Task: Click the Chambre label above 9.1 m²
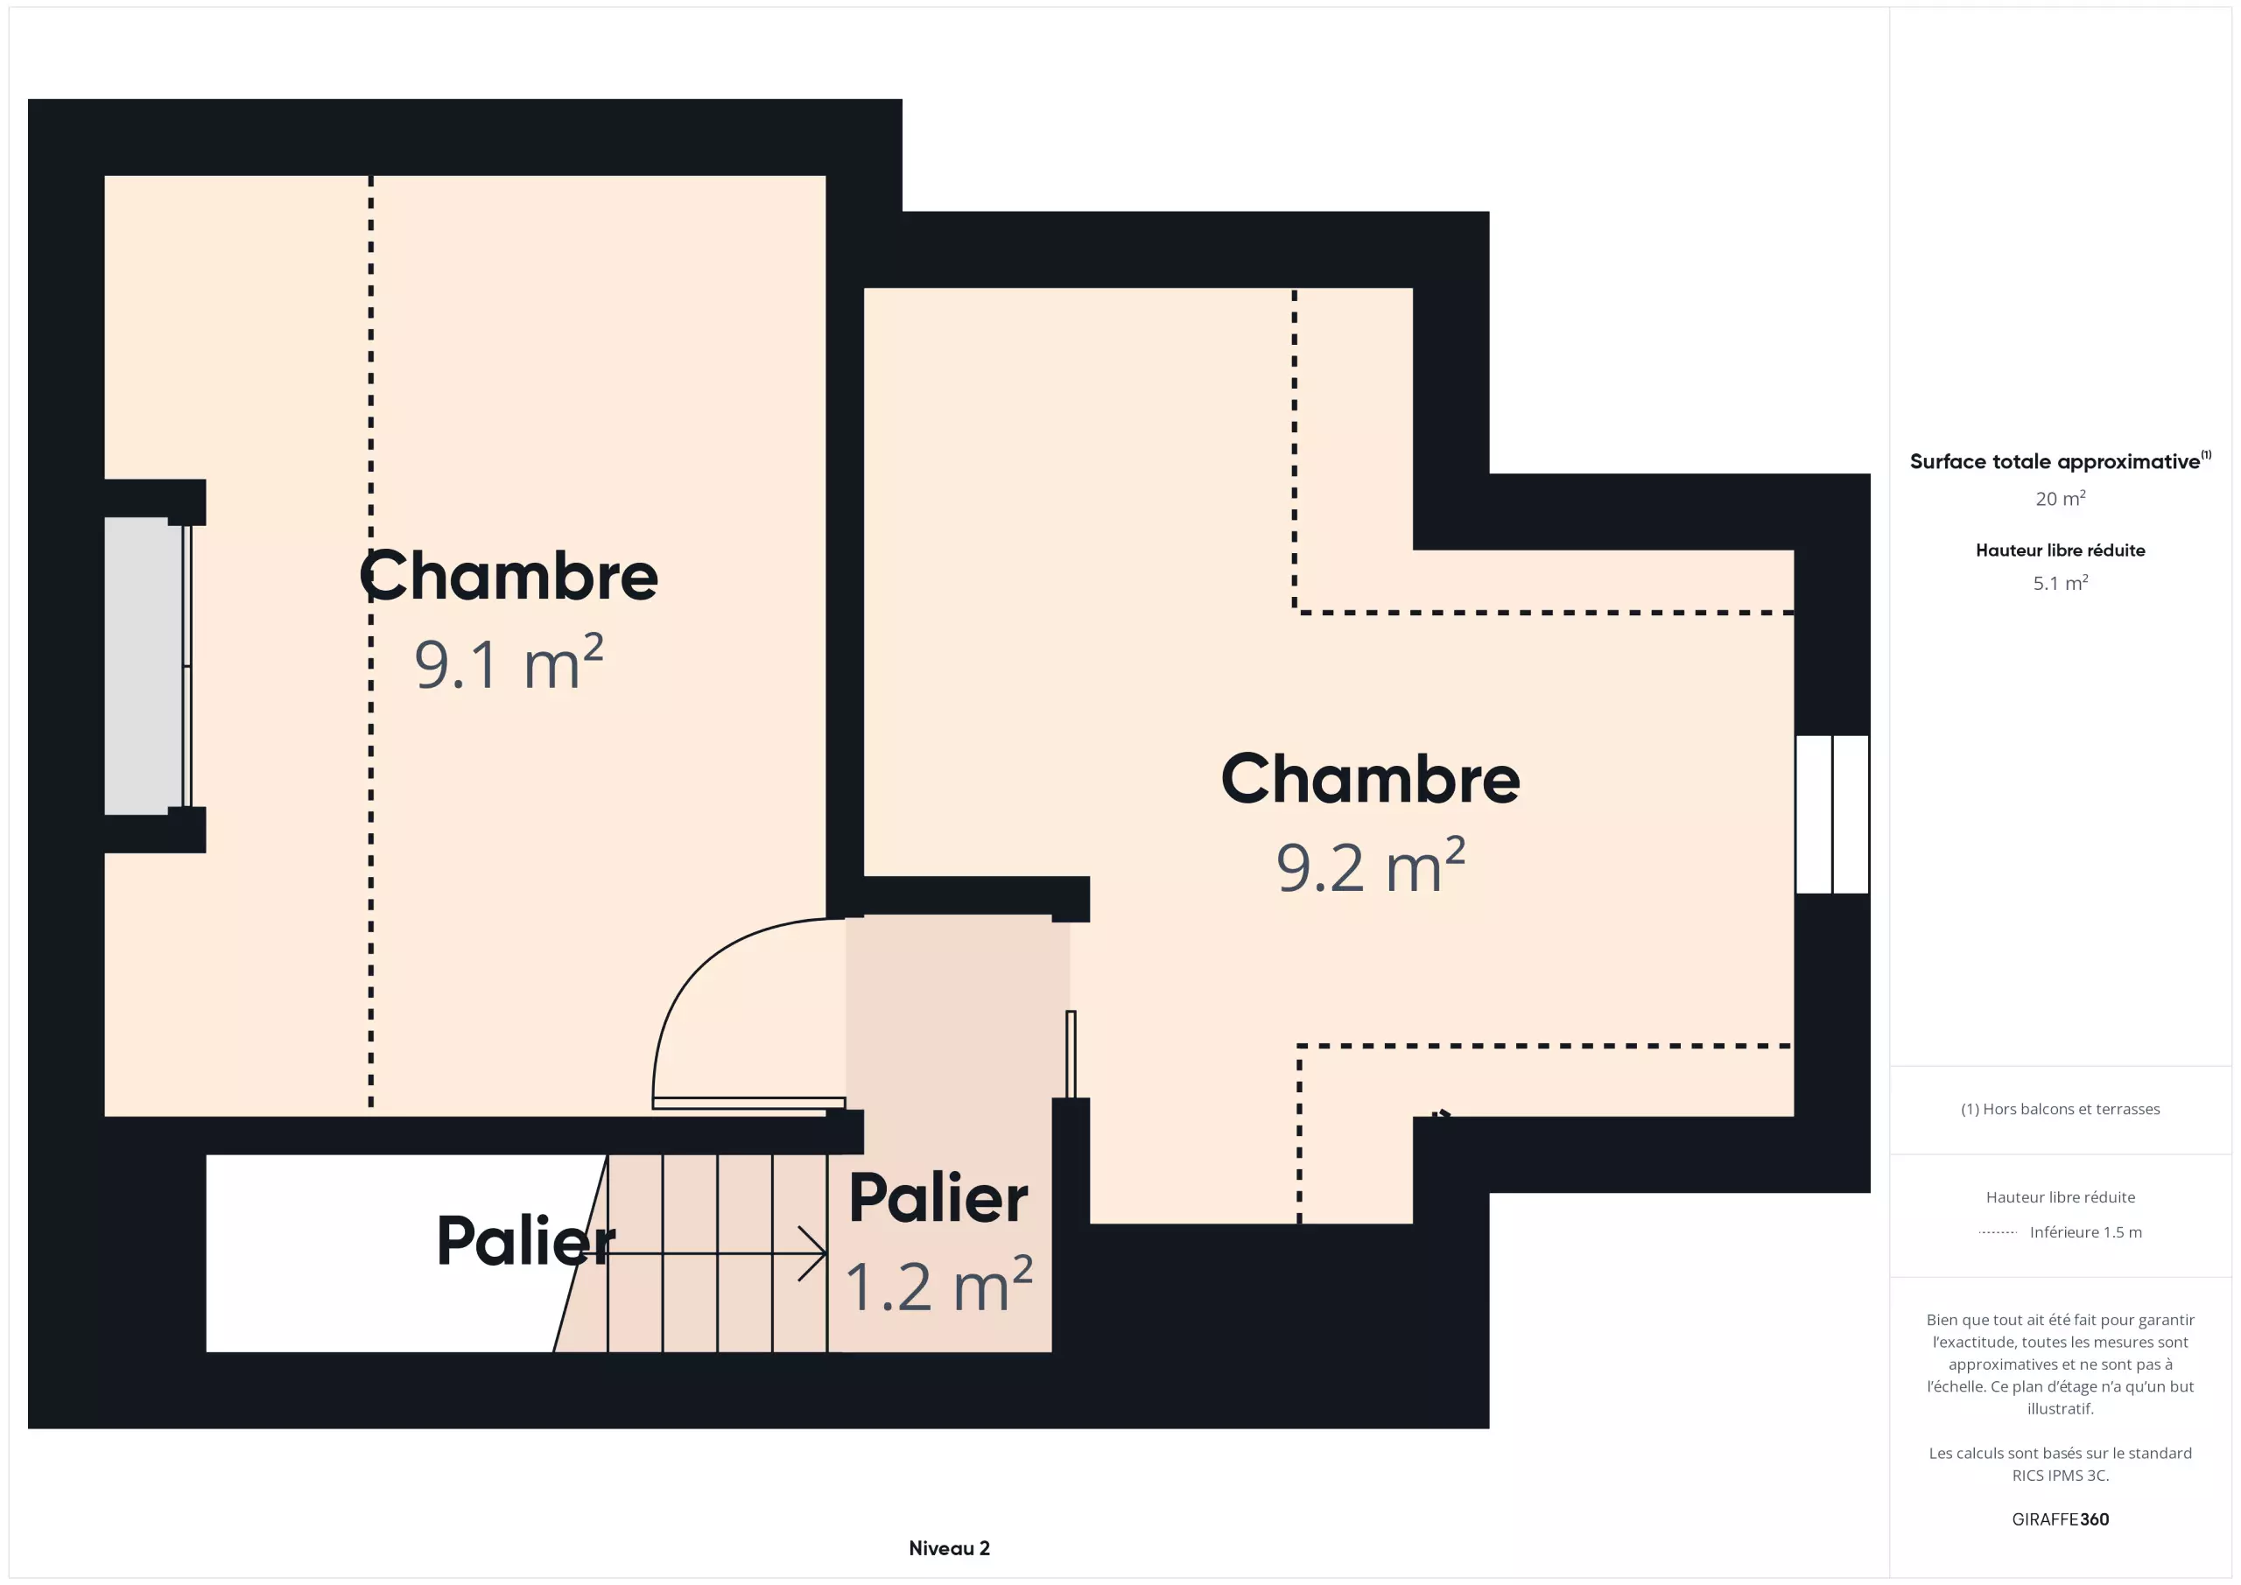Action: [x=509, y=576]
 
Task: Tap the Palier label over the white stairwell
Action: [x=526, y=1241]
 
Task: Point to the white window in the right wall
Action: [x=1832, y=814]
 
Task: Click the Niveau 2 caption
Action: [x=949, y=1548]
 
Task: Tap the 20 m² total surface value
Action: [x=2061, y=499]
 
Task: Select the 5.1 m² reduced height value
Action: [x=2061, y=583]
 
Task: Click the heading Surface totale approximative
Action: [x=2055, y=461]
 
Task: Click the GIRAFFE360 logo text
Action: [x=2061, y=1519]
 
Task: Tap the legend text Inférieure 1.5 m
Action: [x=2086, y=1231]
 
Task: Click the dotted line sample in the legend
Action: [x=1997, y=1232]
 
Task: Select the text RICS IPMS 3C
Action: [x=2061, y=1476]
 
